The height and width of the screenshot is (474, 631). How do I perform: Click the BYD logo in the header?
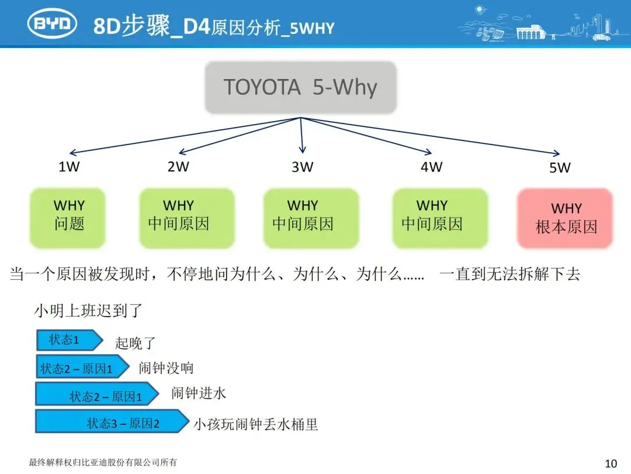pos(53,23)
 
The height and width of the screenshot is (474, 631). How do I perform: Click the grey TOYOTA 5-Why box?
pos(301,87)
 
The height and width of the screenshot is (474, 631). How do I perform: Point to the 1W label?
pos(69,167)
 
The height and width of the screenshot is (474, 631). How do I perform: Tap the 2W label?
pos(178,167)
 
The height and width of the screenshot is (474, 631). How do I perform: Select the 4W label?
pos(432,167)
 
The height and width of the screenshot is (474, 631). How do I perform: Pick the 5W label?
pos(559,168)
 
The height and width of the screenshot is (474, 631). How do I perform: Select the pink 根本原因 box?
pos(566,218)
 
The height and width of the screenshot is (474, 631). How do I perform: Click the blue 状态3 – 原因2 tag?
pos(111,423)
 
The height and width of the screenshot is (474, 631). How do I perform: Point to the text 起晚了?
pos(135,343)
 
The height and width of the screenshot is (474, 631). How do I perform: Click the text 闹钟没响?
pos(166,367)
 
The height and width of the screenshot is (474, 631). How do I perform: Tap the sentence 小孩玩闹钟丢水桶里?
pos(256,424)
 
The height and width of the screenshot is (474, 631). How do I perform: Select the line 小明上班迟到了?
pos(88,310)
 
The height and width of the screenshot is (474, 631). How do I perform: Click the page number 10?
pos(611,463)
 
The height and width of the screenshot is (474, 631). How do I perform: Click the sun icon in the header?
pos(481,9)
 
